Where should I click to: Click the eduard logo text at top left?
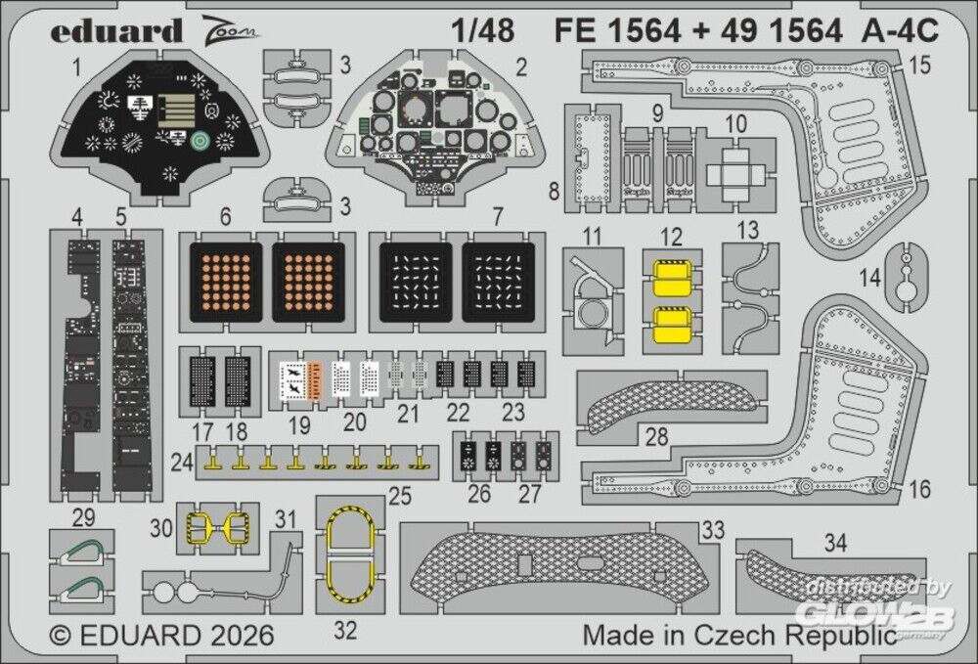coord(115,31)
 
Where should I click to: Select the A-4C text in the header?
coord(900,31)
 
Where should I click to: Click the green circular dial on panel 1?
coord(200,142)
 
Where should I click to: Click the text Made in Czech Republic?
coord(737,634)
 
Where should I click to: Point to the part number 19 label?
coord(299,425)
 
